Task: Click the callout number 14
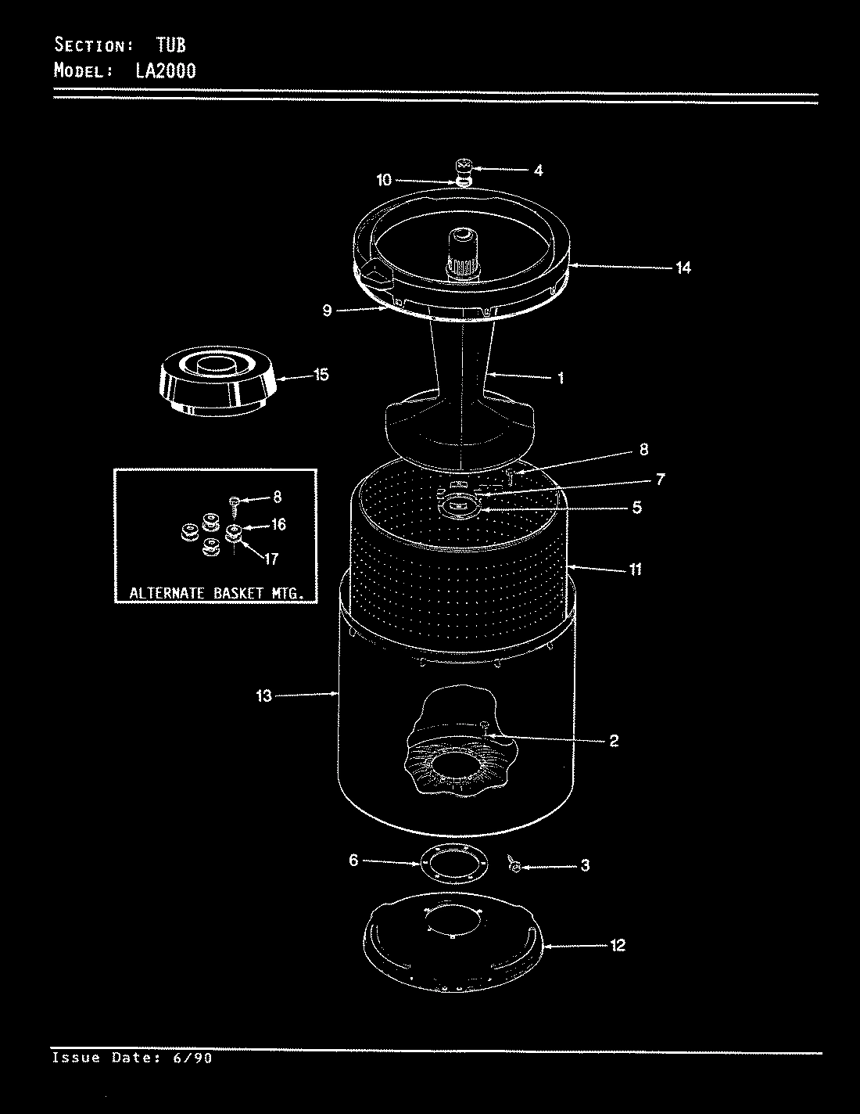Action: point(683,268)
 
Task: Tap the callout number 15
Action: point(321,375)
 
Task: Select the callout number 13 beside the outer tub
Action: point(263,695)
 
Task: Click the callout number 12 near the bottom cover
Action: point(617,946)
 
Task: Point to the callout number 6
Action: point(353,861)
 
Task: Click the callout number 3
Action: point(585,866)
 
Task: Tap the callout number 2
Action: point(614,740)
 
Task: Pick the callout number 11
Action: point(635,569)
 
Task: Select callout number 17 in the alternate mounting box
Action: point(271,559)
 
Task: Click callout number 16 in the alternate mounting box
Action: point(278,525)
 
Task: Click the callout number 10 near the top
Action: point(384,180)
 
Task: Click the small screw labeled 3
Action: point(514,865)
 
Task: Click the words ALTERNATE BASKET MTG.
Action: point(213,593)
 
